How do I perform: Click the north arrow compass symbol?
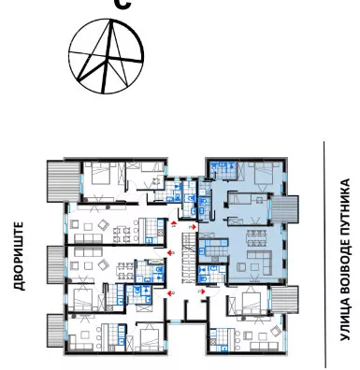pyautogui.click(x=106, y=56)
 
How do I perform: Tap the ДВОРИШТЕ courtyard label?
pyautogui.click(x=19, y=256)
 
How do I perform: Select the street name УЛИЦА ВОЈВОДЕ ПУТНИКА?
pyautogui.click(x=345, y=260)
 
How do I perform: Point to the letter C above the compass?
pyautogui.click(x=122, y=5)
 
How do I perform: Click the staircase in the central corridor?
pyautogui.click(x=190, y=258)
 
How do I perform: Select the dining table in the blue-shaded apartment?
pyautogui.click(x=257, y=238)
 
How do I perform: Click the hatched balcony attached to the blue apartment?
pyautogui.click(x=284, y=209)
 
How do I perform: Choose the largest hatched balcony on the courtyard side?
pyautogui.click(x=64, y=181)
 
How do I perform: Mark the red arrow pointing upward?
pyautogui.click(x=174, y=222)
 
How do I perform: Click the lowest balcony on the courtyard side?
pyautogui.click(x=56, y=331)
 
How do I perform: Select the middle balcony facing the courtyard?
pyautogui.click(x=56, y=265)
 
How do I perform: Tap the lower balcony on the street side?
pyautogui.click(x=284, y=300)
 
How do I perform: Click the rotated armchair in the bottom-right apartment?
pyautogui.click(x=276, y=331)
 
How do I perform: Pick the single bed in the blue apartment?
pyautogui.click(x=240, y=198)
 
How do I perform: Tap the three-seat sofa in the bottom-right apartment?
pyautogui.click(x=265, y=346)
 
